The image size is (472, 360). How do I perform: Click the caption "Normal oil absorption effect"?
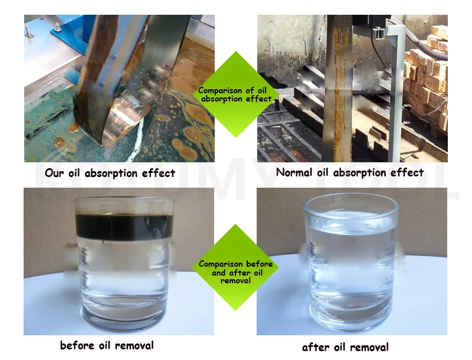[x=350, y=172]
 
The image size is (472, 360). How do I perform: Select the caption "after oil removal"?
[x=345, y=346]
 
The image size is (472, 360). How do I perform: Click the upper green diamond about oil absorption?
[x=235, y=94]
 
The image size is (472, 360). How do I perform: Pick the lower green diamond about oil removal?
[x=235, y=268]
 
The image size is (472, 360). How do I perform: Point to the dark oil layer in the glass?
[x=124, y=227]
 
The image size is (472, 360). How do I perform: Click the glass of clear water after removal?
[x=351, y=266]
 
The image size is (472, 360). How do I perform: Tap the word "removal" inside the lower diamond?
[x=235, y=280]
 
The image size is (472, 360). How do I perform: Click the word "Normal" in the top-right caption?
[x=294, y=172]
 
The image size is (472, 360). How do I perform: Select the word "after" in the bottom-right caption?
[x=314, y=346]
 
